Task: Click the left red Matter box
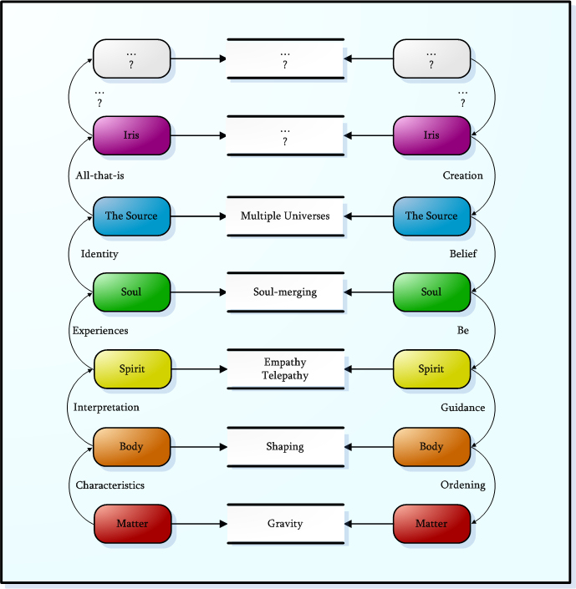pos(131,524)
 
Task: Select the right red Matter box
pos(431,524)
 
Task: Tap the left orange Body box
pos(131,447)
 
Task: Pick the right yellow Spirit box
pos(431,369)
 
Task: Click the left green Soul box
pos(131,292)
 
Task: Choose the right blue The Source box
pos(431,216)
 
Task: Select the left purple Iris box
pos(131,135)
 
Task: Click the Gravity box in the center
pos(285,524)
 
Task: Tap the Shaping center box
pos(285,447)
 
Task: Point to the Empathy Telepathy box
pos(285,369)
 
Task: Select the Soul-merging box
pos(285,292)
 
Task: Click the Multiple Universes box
pos(285,216)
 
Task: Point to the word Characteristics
pos(110,485)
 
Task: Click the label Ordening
pos(462,485)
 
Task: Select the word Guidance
pos(462,408)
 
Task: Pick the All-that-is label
pos(99,176)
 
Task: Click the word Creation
pos(462,176)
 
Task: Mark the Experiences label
pos(100,331)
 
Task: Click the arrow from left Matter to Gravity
pos(199,524)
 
